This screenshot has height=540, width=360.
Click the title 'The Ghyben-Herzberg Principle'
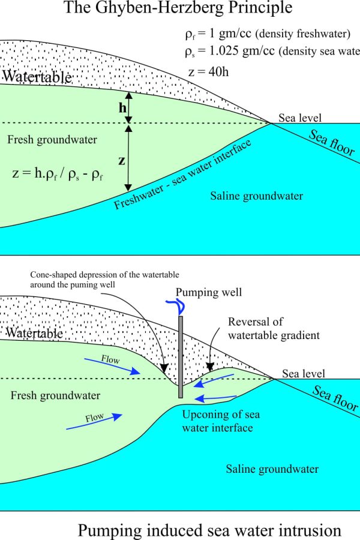(178, 8)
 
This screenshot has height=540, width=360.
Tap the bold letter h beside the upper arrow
(122, 108)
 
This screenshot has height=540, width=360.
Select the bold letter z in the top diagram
(122, 160)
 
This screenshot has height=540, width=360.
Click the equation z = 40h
(208, 71)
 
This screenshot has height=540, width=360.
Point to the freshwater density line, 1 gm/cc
(268, 34)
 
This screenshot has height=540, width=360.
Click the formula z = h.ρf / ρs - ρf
(58, 173)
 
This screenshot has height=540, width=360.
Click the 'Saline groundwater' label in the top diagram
(257, 196)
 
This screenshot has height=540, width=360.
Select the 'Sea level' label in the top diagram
(300, 118)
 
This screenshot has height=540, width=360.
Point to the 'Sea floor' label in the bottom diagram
(335, 398)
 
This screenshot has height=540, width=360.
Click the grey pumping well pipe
(181, 357)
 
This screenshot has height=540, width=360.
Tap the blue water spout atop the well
(176, 305)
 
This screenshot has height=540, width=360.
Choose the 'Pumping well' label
(209, 292)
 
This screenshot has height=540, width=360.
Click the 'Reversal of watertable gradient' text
(274, 328)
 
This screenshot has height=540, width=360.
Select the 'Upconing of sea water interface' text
(221, 421)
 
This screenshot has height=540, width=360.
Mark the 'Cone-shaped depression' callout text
(105, 280)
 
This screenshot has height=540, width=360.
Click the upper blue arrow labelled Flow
(112, 366)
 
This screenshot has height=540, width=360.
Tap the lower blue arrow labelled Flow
(94, 421)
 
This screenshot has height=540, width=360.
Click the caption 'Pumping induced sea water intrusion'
(209, 530)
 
